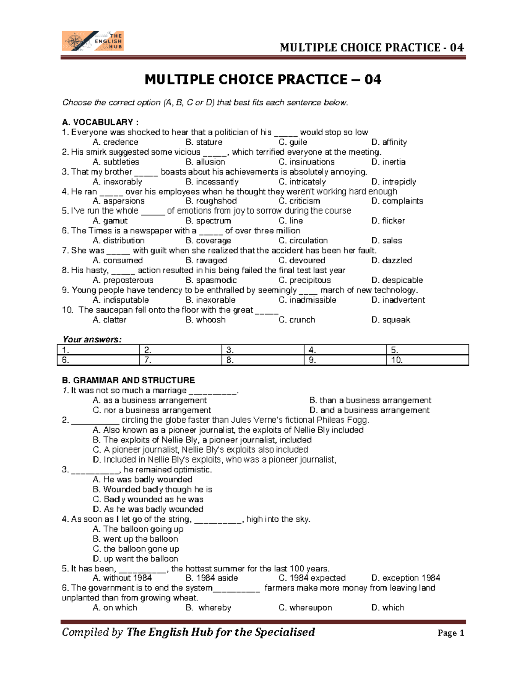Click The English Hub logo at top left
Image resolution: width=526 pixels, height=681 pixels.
point(92,41)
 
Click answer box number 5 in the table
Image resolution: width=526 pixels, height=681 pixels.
point(427,350)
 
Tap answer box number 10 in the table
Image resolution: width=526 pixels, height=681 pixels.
point(427,360)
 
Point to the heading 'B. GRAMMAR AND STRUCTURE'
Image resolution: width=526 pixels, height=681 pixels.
point(128,380)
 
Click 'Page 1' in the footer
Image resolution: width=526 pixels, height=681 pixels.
point(451,633)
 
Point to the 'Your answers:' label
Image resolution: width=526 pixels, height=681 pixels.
point(92,339)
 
